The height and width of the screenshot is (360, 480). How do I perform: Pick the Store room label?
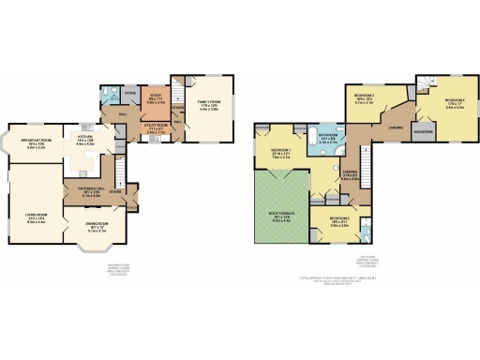[x=130, y=93]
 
